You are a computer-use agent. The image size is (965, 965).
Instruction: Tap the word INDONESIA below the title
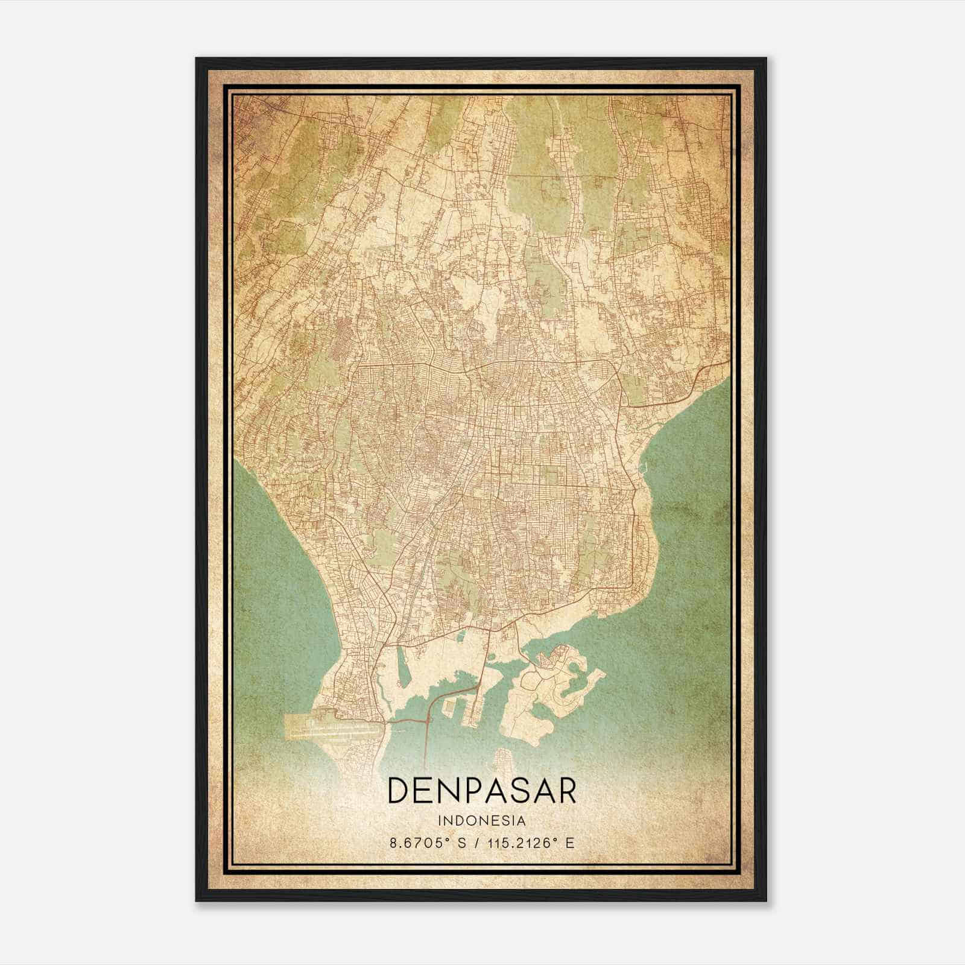481,821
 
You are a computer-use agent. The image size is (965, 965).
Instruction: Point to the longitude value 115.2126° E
530,843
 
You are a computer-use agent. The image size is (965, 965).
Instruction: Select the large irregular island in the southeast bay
543,700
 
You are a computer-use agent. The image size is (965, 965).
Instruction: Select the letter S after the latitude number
462,843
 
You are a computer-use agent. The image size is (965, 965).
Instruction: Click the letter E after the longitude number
570,843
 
